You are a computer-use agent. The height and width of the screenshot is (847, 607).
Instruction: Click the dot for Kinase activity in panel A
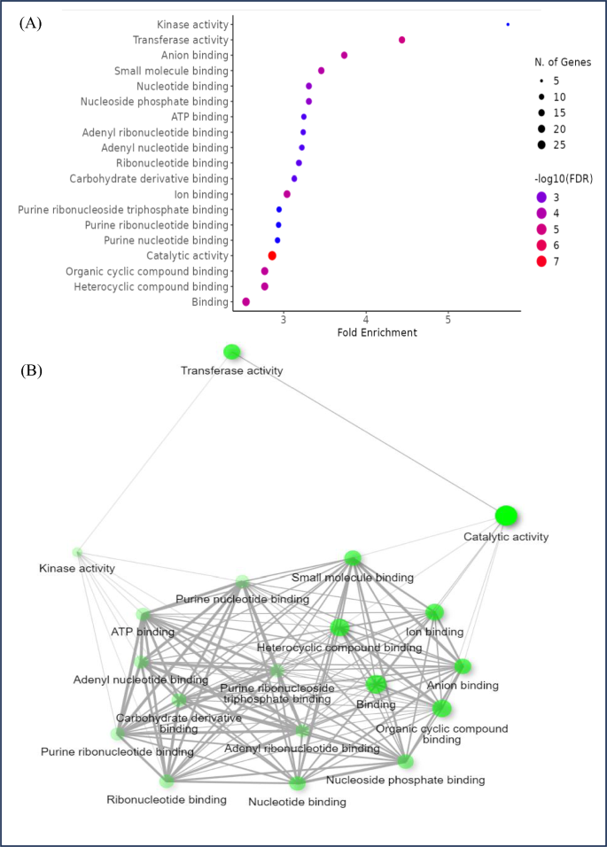pyautogui.click(x=508, y=25)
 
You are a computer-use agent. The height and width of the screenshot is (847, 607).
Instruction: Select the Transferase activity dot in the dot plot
pyautogui.click(x=402, y=40)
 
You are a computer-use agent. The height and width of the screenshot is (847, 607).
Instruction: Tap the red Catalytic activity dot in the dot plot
pyautogui.click(x=272, y=255)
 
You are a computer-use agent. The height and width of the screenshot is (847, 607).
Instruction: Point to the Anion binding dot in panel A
pyautogui.click(x=345, y=56)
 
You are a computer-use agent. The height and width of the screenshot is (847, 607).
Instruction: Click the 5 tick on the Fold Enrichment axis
pyautogui.click(x=448, y=319)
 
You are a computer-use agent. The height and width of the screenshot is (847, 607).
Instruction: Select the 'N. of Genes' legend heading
pyautogui.click(x=563, y=62)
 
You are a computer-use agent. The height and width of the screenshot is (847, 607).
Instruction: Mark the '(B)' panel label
pyautogui.click(x=31, y=369)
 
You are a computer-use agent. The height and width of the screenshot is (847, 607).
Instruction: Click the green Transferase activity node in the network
pyautogui.click(x=232, y=352)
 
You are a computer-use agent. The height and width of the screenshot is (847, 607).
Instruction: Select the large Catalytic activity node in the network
pyautogui.click(x=506, y=516)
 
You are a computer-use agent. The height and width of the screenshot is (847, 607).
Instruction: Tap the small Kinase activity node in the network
pyautogui.click(x=78, y=553)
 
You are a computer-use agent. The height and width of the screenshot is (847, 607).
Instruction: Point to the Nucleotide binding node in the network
pyautogui.click(x=298, y=783)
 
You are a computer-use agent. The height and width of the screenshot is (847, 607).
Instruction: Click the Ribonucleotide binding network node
pyautogui.click(x=167, y=781)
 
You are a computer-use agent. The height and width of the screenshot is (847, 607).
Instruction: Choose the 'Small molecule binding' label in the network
pyautogui.click(x=353, y=578)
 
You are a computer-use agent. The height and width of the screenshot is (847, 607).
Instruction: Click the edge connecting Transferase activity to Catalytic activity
pyautogui.click(x=369, y=433)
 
